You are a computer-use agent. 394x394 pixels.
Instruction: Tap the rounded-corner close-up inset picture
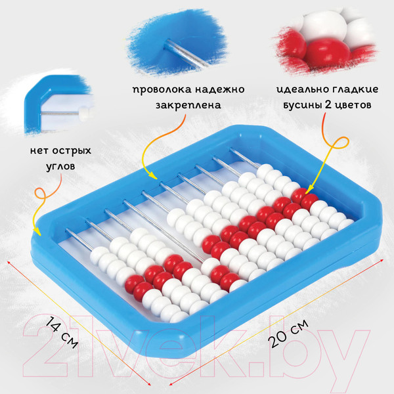55,107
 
